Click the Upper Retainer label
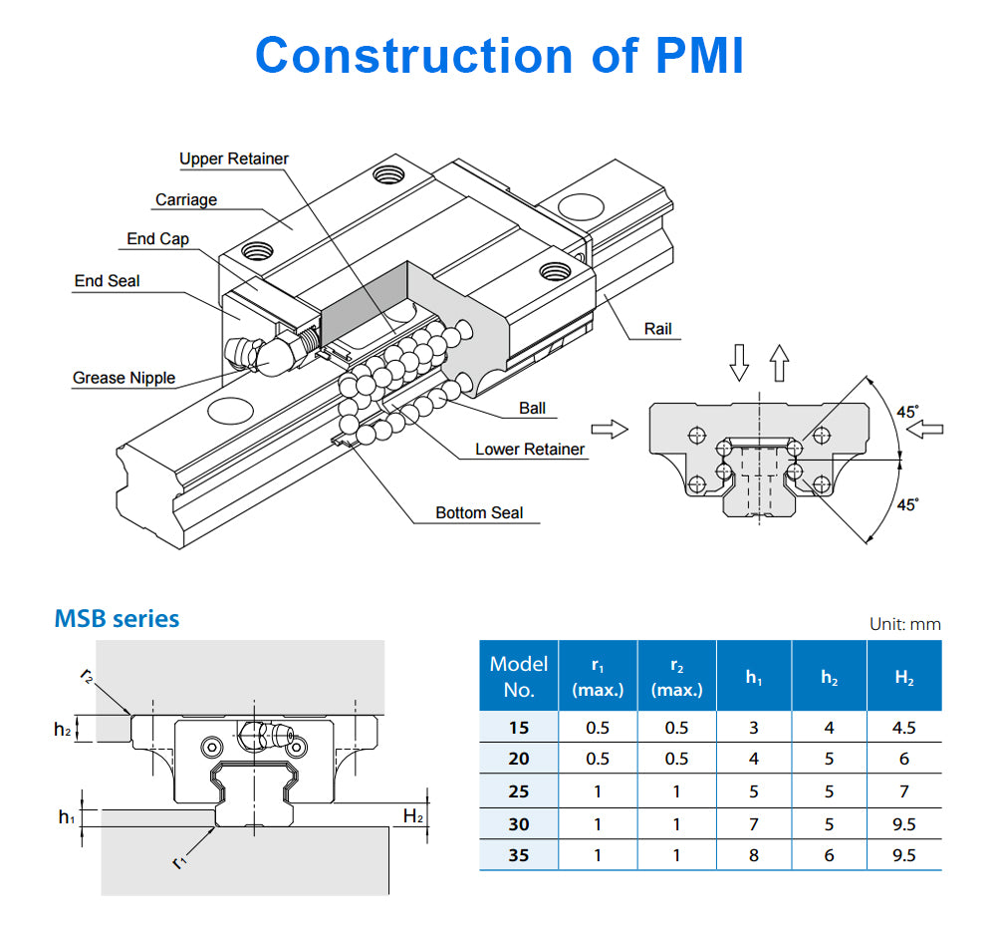coord(234,158)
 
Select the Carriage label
coord(185,199)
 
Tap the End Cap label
coord(157,239)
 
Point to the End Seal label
coord(107,281)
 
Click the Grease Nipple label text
coord(124,378)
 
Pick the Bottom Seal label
coord(479,512)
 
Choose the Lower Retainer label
coord(530,449)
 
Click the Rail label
coord(657,329)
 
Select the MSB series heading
coord(117,619)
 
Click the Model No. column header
coord(518,676)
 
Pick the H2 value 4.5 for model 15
coord(903,727)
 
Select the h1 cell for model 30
coord(753,824)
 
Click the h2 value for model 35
coord(829,855)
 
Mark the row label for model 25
coord(519,791)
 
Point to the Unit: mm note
coord(904,624)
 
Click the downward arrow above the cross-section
coord(739,363)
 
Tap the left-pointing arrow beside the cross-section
coord(926,429)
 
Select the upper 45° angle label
coord(907,411)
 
